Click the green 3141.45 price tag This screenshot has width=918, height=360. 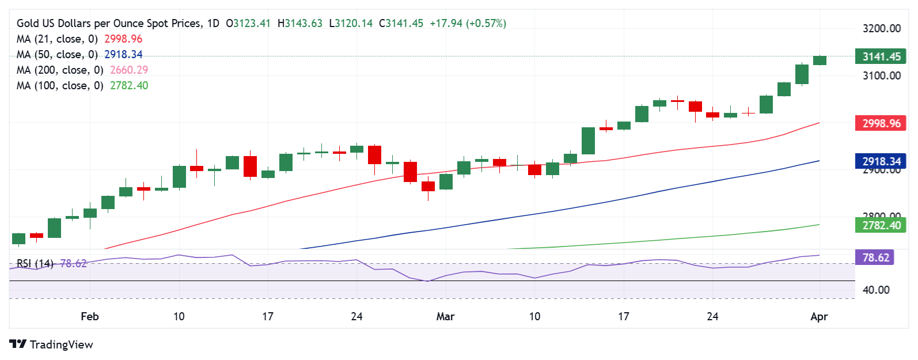click(881, 56)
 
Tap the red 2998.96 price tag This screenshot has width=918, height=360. click(881, 123)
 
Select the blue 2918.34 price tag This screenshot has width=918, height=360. click(881, 162)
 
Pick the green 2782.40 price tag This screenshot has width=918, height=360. click(881, 225)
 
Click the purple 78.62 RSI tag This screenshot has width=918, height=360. click(875, 257)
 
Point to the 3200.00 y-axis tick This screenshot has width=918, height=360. click(881, 28)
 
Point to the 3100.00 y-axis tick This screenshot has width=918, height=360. click(881, 75)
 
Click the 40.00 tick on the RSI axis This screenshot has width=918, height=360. click(876, 290)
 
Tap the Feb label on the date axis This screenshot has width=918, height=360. click(90, 316)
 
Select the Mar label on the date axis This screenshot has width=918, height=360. click(445, 316)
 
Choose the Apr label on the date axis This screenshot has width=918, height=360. click(819, 316)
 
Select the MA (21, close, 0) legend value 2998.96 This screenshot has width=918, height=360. click(123, 39)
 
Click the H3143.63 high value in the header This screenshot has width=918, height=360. click(300, 23)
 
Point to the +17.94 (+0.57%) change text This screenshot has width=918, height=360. click(468, 23)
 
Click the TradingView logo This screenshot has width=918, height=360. click(51, 344)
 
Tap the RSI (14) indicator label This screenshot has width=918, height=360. click(35, 263)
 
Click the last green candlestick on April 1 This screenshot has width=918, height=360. click(820, 60)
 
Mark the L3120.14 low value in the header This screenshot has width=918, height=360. click(351, 23)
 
